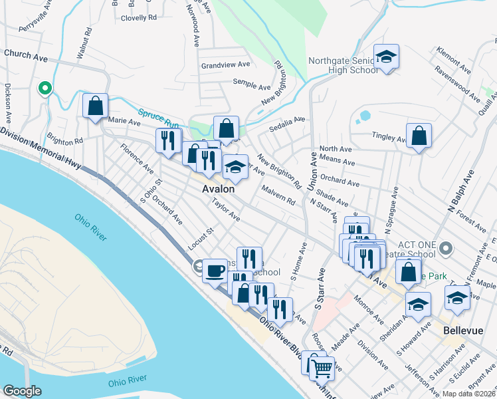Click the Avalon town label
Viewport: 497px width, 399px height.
pos(219,190)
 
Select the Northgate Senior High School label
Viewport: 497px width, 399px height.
pos(342,65)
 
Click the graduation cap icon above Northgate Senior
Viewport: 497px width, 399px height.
pos(385,58)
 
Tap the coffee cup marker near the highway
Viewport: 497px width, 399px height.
pos(215,271)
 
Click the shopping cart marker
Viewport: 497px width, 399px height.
pos(322,367)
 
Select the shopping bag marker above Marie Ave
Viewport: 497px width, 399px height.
pos(96,105)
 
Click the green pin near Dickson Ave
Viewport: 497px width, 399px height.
pos(45,88)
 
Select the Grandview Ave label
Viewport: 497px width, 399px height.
pos(226,65)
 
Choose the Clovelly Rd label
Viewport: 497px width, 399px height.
pos(139,18)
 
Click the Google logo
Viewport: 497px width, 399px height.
pos(22,390)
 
